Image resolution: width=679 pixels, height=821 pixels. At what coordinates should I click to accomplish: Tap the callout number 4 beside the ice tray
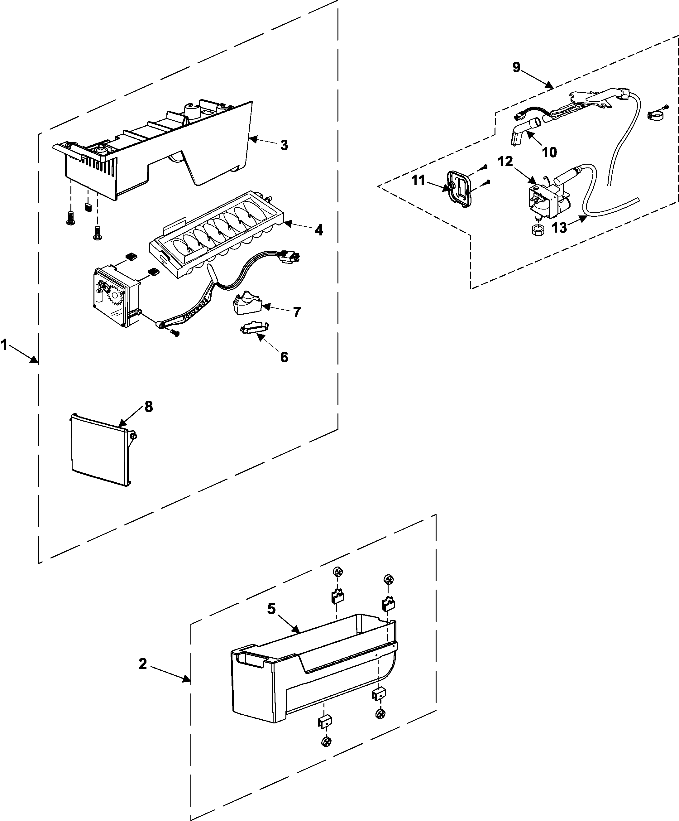(x=318, y=230)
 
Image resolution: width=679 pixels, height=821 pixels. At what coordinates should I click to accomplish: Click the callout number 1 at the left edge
(x=4, y=345)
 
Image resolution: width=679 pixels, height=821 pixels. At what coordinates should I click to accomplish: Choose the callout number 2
(x=143, y=664)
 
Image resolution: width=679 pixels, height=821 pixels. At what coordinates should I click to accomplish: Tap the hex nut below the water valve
(x=538, y=230)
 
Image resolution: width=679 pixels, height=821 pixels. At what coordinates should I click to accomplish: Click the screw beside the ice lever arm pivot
(x=176, y=333)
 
